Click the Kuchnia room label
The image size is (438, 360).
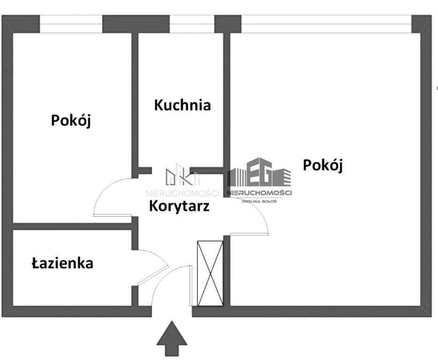pyautogui.click(x=182, y=105)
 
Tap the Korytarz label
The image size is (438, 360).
pyautogui.click(x=179, y=206)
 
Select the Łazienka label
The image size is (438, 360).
pyautogui.click(x=62, y=263)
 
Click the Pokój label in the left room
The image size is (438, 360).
pyautogui.click(x=71, y=120)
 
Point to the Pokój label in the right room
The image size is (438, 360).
pyautogui.click(x=323, y=165)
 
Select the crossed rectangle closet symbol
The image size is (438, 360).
pyautogui.click(x=210, y=273)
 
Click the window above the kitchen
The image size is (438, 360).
pyautogui.click(x=192, y=23)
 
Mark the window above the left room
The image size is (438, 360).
pyautogui.click(x=71, y=23)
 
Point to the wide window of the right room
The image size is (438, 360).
pyautogui.click(x=326, y=23)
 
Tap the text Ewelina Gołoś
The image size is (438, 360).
pyautogui.click(x=259, y=201)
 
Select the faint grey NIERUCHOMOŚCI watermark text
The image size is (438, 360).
pyautogui.click(x=183, y=193)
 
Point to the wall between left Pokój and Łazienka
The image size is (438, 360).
pyautogui.click(x=70, y=226)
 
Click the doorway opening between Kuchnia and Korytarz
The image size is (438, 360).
pyautogui.click(x=171, y=171)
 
